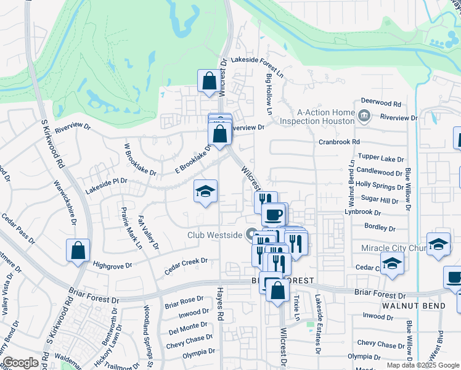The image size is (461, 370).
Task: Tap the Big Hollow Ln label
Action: click(x=269, y=94)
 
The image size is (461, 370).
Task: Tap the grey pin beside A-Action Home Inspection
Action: click(x=364, y=115)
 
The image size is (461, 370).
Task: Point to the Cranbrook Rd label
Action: click(x=339, y=141)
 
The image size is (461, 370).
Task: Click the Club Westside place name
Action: click(x=216, y=235)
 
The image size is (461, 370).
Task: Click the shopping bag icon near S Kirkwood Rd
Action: click(x=78, y=250)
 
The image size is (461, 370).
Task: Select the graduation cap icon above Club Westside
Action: click(x=205, y=191)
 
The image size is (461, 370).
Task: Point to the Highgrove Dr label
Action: click(x=112, y=265)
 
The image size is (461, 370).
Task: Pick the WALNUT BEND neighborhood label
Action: click(x=409, y=305)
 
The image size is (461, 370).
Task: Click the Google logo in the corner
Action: click(x=21, y=363)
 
